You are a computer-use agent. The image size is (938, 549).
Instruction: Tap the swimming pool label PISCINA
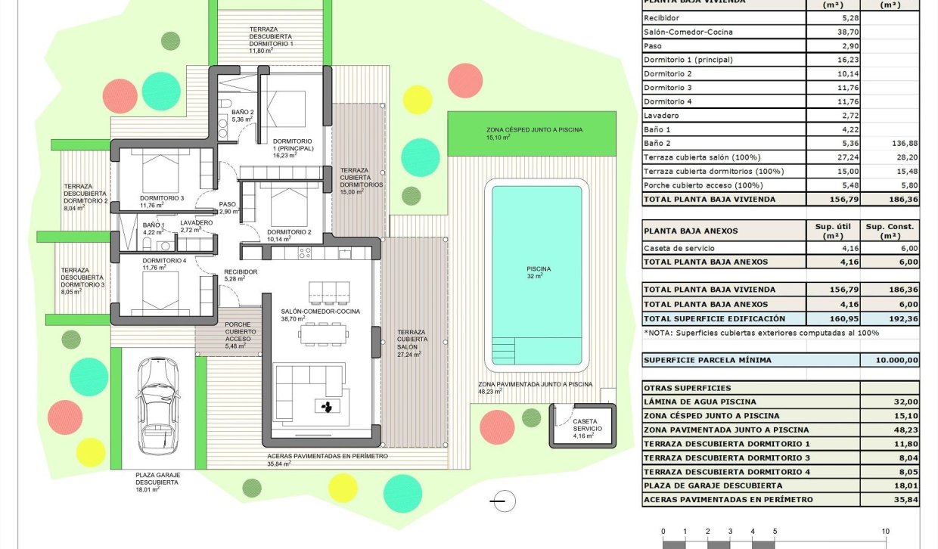539,269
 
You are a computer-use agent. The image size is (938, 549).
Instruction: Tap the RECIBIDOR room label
241,272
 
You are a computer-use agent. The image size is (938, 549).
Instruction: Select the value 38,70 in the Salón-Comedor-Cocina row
833,32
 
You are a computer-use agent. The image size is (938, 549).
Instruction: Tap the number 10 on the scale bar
884,531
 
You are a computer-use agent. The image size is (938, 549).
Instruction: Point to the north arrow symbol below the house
502,500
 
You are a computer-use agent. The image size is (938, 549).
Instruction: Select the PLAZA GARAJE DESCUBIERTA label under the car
157,482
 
